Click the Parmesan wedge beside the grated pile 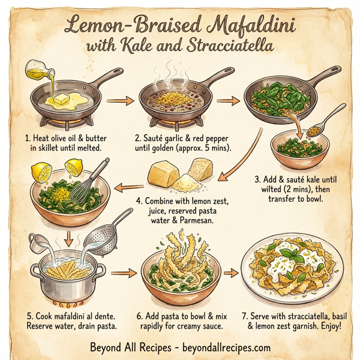pyautogui.click(x=164, y=173)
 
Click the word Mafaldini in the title pyautogui.click(x=251, y=26)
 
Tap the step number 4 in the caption pyautogui.click(x=139, y=199)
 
